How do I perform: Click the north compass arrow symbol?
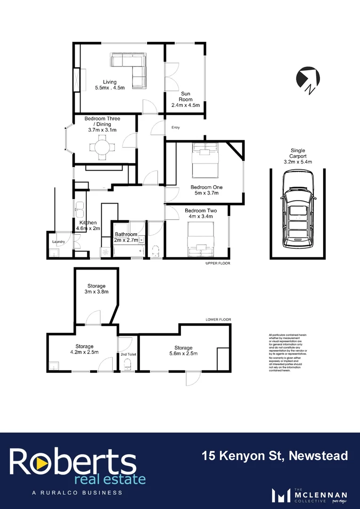[x=309, y=78]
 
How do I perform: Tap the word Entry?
[x=176, y=128]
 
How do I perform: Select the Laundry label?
[x=58, y=242]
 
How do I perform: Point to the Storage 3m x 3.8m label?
[x=96, y=289]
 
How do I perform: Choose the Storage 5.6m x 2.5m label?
[x=183, y=351]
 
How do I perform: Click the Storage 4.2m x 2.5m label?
[x=84, y=349]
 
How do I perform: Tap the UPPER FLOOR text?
[x=218, y=263]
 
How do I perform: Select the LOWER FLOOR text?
[x=218, y=320]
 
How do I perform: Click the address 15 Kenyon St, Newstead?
[x=275, y=456]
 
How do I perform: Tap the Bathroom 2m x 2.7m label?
[x=126, y=237]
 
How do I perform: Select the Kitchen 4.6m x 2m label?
[x=88, y=225]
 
